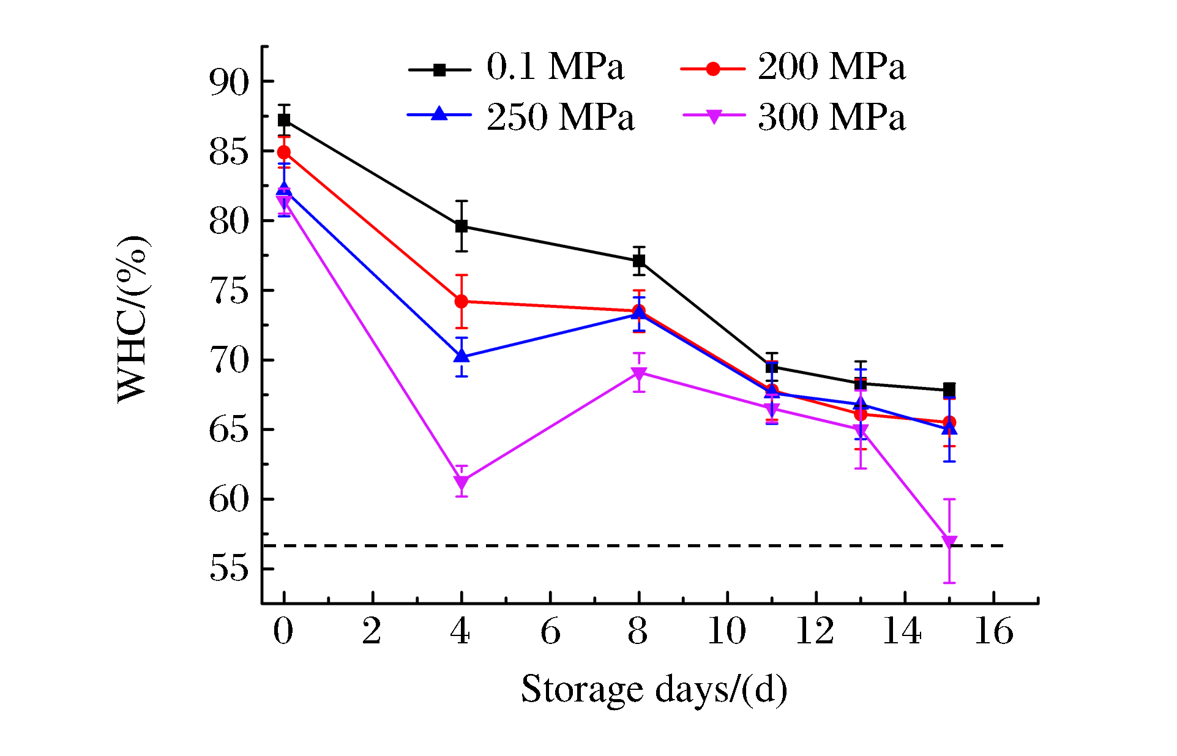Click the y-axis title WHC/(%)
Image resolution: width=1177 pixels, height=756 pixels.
(133, 318)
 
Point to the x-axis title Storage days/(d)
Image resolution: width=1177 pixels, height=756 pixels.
(654, 690)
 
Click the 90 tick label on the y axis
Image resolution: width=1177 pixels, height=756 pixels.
(230, 81)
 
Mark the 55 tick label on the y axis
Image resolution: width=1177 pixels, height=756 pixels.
(230, 569)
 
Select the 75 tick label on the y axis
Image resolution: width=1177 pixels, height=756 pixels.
(230, 291)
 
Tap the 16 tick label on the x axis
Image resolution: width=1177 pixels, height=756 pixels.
(993, 631)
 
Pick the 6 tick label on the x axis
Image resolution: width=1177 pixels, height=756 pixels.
(550, 631)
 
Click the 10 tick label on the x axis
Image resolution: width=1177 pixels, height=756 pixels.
(727, 631)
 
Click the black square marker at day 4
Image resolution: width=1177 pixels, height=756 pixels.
(461, 226)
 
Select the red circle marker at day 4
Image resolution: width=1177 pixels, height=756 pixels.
(461, 302)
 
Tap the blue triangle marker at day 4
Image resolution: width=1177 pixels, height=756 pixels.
(461, 356)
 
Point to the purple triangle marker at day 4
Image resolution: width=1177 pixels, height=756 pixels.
(461, 482)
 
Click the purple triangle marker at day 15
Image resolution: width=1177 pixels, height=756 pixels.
(949, 542)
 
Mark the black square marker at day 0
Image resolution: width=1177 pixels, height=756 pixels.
(284, 120)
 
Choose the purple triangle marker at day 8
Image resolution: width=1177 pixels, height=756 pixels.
(639, 373)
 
